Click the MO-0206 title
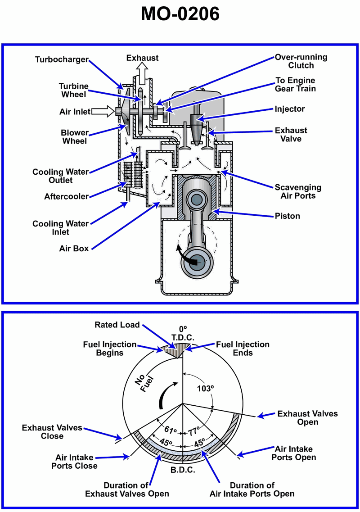click(x=180, y=14)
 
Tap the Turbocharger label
click(x=62, y=59)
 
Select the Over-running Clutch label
click(x=301, y=61)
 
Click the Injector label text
click(x=290, y=109)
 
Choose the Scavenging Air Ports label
click(x=298, y=191)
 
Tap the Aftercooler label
click(x=67, y=196)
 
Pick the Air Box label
click(x=74, y=248)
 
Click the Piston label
click(x=288, y=216)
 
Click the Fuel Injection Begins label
click(x=110, y=349)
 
